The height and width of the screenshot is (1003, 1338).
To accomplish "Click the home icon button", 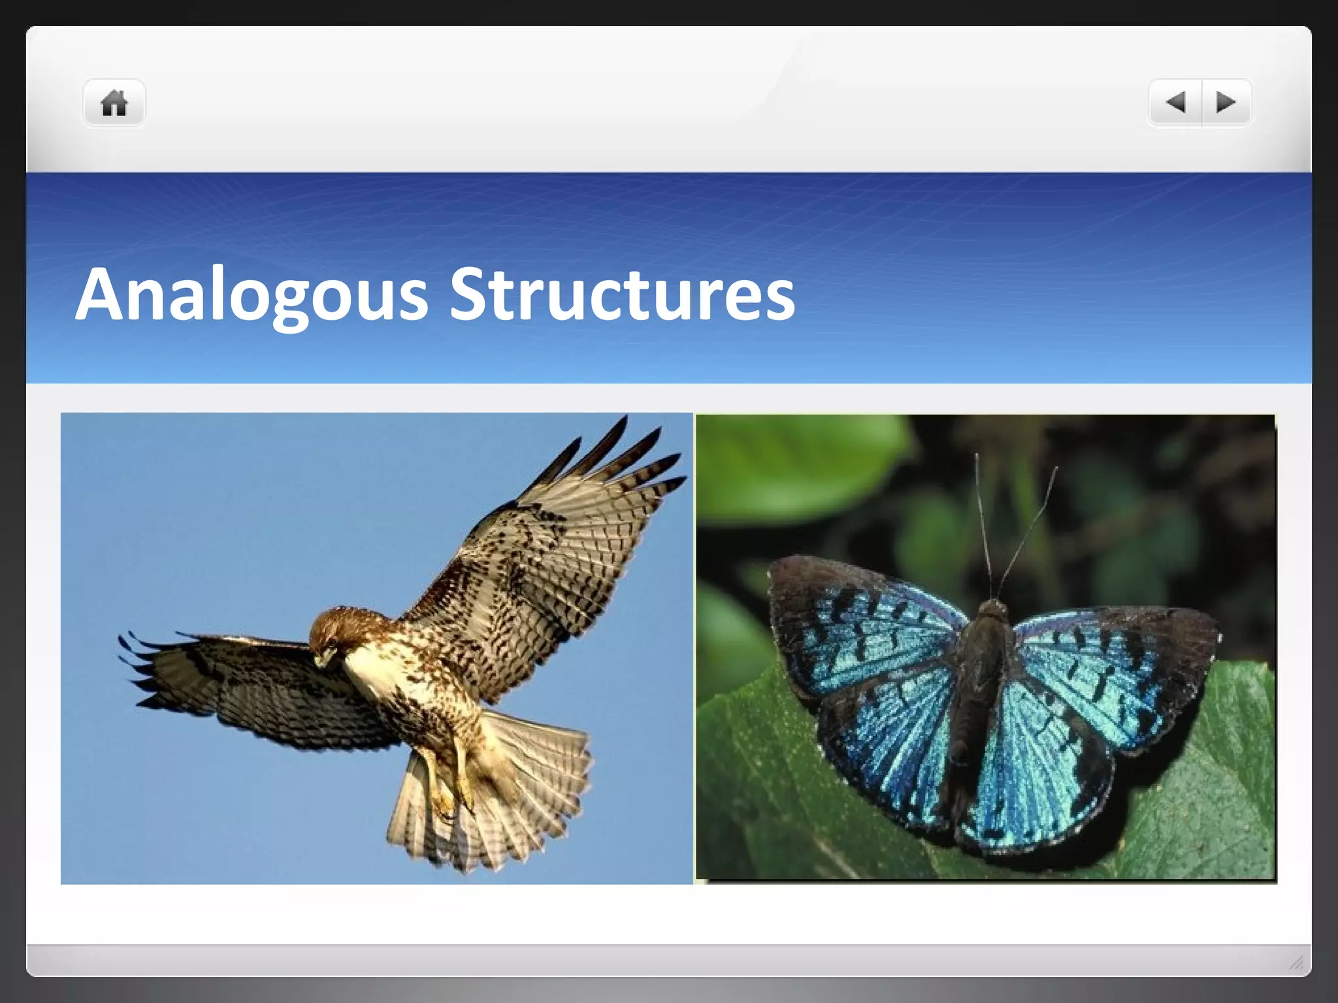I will click(x=114, y=103).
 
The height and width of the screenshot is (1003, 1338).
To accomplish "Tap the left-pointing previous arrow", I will click(x=1176, y=103).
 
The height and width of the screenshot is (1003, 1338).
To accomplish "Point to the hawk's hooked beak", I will click(x=321, y=660).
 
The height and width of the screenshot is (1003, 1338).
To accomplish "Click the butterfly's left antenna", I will click(x=983, y=522).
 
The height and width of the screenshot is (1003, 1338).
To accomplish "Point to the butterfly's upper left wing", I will click(x=862, y=627).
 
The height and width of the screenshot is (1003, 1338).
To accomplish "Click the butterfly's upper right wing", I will click(x=1111, y=660).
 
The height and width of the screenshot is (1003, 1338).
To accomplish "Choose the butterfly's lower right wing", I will click(x=1039, y=771).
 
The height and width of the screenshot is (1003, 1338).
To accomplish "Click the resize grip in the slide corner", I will click(x=1297, y=962).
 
